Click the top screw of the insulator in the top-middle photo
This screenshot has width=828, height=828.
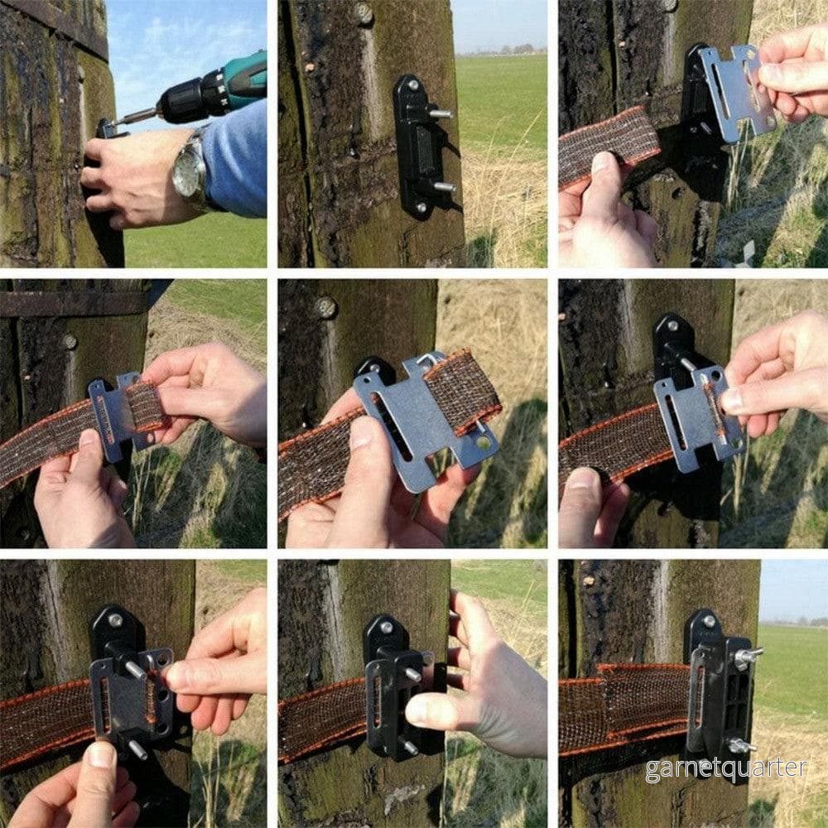[411, 84]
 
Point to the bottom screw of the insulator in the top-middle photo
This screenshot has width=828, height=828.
[421, 207]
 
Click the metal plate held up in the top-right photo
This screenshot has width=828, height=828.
[734, 93]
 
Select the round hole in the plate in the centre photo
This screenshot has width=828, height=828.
[483, 443]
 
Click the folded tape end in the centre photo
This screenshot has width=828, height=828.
[463, 391]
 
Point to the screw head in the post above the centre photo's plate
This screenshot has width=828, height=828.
[325, 307]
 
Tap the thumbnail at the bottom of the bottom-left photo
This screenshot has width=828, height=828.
[100, 755]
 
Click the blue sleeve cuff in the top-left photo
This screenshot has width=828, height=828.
[233, 158]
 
